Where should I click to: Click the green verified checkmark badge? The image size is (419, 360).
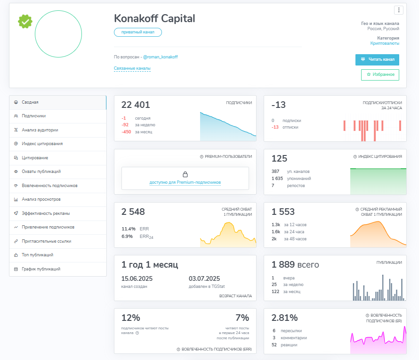pyautogui.click(x=25, y=21)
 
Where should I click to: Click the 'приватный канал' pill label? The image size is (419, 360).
pyautogui.click(x=138, y=32)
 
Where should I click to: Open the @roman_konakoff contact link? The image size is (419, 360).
pyautogui.click(x=161, y=57)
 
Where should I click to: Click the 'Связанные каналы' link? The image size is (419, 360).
pyautogui.click(x=132, y=68)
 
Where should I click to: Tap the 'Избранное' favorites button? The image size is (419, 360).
pyautogui.click(x=380, y=74)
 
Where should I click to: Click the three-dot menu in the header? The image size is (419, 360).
pyautogui.click(x=399, y=10)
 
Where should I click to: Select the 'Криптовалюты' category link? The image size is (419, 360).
pyautogui.click(x=385, y=43)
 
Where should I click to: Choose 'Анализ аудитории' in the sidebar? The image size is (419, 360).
pyautogui.click(x=40, y=130)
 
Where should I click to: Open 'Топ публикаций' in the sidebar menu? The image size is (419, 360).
pyautogui.click(x=37, y=255)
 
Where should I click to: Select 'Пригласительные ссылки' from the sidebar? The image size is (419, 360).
pyautogui.click(x=47, y=241)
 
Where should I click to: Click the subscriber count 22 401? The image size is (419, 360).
pyautogui.click(x=136, y=105)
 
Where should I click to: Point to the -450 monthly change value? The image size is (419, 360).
pyautogui.click(x=126, y=132)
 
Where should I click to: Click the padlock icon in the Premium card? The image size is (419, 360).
pyautogui.click(x=185, y=174)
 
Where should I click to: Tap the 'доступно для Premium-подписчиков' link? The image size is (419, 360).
pyautogui.click(x=185, y=182)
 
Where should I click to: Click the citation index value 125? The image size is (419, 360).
pyautogui.click(x=279, y=159)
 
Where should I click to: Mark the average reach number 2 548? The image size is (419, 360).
pyautogui.click(x=133, y=212)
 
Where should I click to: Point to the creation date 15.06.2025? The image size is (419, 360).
pyautogui.click(x=137, y=278)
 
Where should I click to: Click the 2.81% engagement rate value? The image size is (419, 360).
pyautogui.click(x=284, y=318)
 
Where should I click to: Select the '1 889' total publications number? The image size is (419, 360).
pyautogui.click(x=283, y=264)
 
